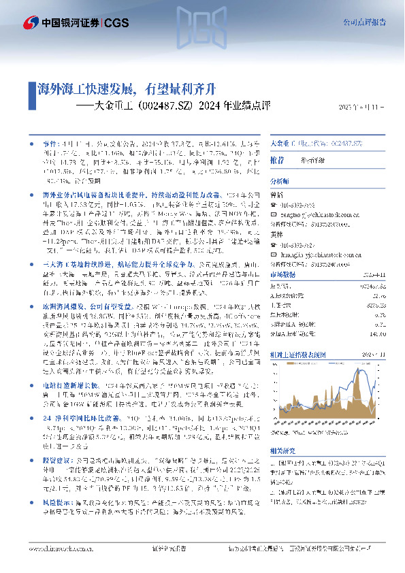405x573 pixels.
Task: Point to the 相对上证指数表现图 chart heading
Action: (296, 354)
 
